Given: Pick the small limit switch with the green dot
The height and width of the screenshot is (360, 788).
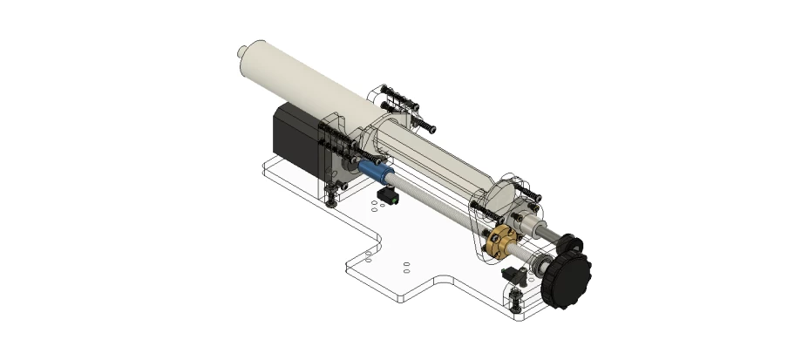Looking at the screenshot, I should [x=389, y=198].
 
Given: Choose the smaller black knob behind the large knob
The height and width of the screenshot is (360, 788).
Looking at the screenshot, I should [x=571, y=244].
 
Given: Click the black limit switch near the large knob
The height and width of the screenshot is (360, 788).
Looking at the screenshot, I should [x=514, y=275].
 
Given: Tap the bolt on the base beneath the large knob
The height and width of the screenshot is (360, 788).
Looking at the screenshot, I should [x=516, y=302].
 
